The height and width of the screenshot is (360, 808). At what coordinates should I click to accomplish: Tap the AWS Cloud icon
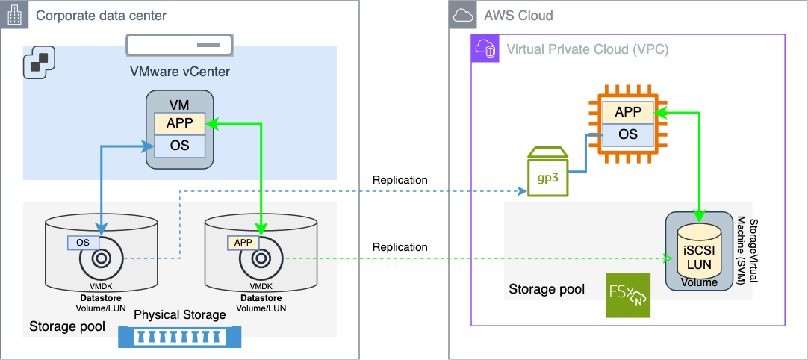click(x=463, y=15)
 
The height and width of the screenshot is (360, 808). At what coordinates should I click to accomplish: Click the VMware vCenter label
click(x=179, y=72)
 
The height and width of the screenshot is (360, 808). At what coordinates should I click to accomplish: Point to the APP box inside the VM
click(x=179, y=124)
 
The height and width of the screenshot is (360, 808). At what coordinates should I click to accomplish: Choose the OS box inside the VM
click(x=179, y=145)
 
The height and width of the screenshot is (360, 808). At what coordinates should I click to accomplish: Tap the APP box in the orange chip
click(x=628, y=113)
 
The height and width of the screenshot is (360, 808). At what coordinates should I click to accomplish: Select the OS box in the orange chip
click(x=628, y=134)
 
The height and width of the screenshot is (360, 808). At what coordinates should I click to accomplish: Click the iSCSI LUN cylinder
click(x=699, y=250)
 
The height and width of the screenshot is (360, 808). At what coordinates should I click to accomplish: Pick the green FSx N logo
click(x=628, y=296)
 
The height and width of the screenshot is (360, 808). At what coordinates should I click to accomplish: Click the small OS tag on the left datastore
click(x=83, y=242)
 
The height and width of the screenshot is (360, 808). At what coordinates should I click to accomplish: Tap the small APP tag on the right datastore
click(x=243, y=242)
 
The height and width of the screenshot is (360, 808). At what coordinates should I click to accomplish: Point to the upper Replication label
click(x=400, y=180)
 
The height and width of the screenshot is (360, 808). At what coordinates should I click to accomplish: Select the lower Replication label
click(x=400, y=247)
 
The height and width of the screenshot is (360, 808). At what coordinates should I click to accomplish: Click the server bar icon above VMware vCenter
click(x=178, y=45)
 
